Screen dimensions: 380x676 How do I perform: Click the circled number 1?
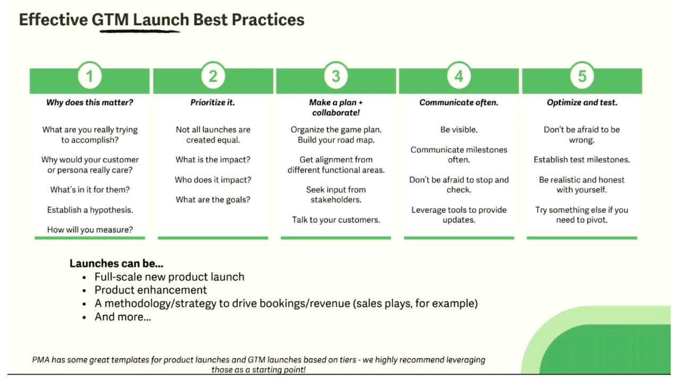(89, 76)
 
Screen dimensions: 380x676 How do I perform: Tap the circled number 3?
(336, 76)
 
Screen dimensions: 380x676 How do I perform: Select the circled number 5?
(582, 76)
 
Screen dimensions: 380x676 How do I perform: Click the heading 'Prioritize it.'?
(213, 102)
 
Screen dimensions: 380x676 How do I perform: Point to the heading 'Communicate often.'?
(459, 102)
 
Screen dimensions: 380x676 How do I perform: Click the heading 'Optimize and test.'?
(582, 102)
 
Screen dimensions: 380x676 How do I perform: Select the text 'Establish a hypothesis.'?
(90, 210)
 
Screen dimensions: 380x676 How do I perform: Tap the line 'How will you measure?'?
(90, 230)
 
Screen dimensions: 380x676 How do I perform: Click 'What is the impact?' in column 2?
(213, 160)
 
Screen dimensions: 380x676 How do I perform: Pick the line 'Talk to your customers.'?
(336, 220)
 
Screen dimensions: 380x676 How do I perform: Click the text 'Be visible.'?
(459, 129)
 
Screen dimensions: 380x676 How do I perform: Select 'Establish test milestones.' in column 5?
(582, 160)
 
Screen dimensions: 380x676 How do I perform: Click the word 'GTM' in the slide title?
(110, 20)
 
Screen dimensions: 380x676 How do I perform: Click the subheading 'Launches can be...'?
(116, 263)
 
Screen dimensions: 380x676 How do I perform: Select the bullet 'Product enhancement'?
(150, 290)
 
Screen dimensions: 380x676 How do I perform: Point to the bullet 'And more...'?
(122, 317)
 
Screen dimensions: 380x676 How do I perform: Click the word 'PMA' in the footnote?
(41, 360)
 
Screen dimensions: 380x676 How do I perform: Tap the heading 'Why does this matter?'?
(90, 102)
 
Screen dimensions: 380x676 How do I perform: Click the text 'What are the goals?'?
(213, 200)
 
